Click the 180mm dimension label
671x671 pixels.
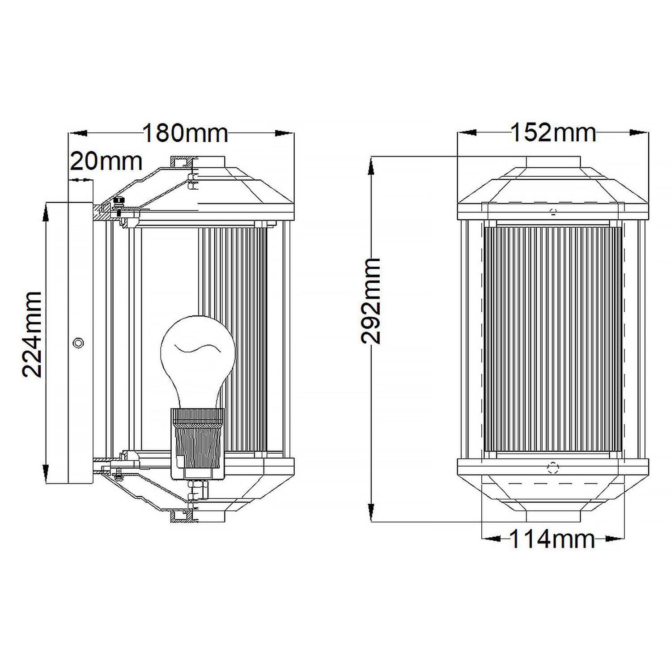pyautogui.click(x=185, y=133)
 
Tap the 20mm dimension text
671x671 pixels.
pyautogui.click(x=106, y=161)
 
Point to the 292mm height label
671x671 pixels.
pyautogui.click(x=371, y=301)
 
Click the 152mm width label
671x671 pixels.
pyautogui.click(x=553, y=133)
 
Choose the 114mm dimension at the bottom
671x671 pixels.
pyautogui.click(x=552, y=539)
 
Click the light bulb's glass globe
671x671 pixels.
pyautogui.click(x=197, y=353)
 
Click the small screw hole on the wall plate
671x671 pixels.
pyautogui.click(x=78, y=343)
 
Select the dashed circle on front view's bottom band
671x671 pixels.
pyautogui.click(x=553, y=468)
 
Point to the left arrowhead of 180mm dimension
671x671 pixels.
pyautogui.click(x=77, y=133)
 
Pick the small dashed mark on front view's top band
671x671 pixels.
pyautogui.click(x=553, y=212)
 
